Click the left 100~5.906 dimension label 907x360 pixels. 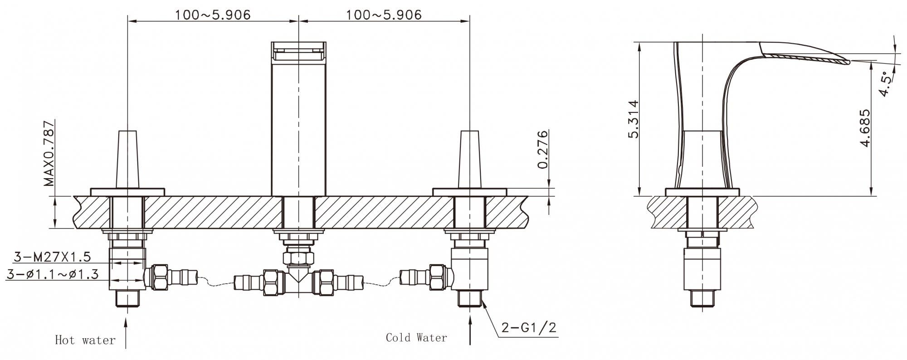click(213, 15)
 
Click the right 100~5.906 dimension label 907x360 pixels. click(384, 15)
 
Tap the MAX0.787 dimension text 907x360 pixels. click(49, 153)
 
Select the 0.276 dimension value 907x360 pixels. click(543, 149)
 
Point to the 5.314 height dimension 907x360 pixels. click(633, 119)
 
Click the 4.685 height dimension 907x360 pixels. click(865, 128)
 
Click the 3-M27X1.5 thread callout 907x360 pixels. click(52, 257)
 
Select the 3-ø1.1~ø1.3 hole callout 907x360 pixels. click(53, 274)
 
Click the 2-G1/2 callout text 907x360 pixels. click(529, 327)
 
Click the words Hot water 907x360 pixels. click(85, 340)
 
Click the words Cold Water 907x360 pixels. click(416, 337)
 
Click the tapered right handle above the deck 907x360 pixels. click(469, 159)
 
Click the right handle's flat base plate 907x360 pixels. click(469, 192)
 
